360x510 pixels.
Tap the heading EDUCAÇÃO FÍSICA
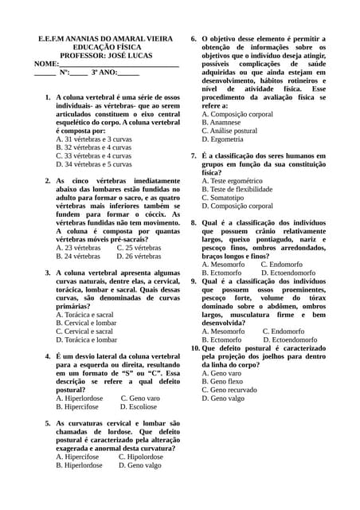coord(108,47)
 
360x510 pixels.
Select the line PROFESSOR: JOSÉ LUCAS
coord(108,56)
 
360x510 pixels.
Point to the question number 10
coord(194,348)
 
